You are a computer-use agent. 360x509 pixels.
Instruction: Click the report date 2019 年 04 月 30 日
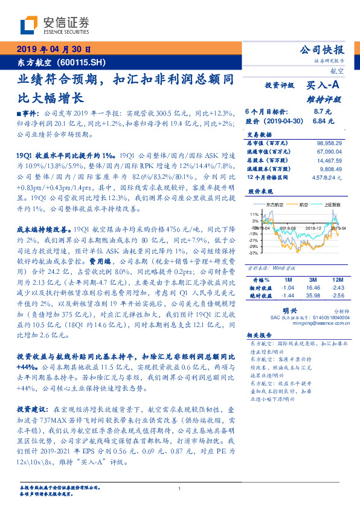[53, 50]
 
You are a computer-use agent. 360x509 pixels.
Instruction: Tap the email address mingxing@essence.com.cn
[309, 323]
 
